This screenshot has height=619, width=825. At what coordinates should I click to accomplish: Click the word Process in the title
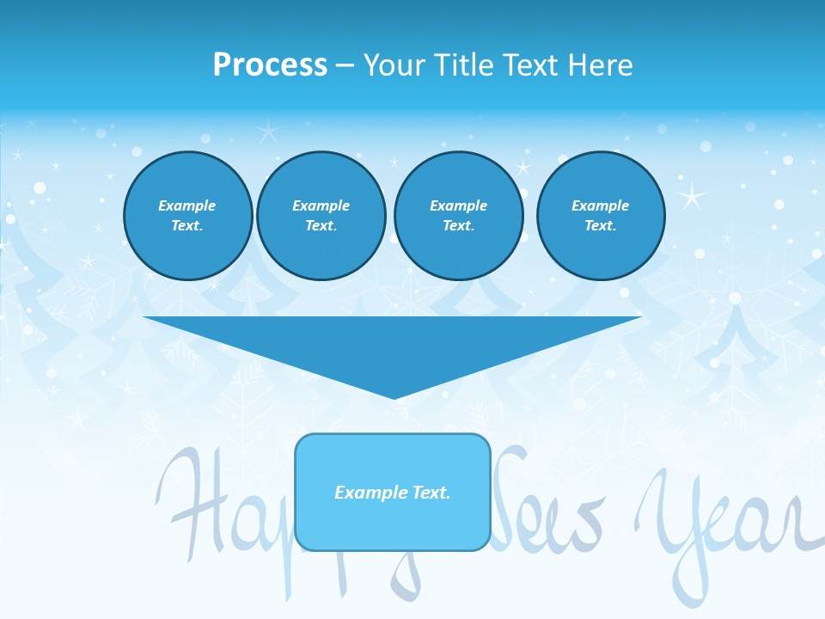pyautogui.click(x=270, y=65)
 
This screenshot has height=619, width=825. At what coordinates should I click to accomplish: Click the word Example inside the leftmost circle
pyautogui.click(x=187, y=205)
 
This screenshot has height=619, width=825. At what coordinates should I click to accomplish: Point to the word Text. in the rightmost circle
pyautogui.click(x=601, y=225)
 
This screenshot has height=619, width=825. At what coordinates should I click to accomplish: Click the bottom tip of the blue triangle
pyautogui.click(x=394, y=397)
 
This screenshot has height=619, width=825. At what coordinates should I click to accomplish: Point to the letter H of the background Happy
pyautogui.click(x=185, y=507)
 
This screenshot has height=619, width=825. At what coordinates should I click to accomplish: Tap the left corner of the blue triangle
pyautogui.click(x=146, y=318)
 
